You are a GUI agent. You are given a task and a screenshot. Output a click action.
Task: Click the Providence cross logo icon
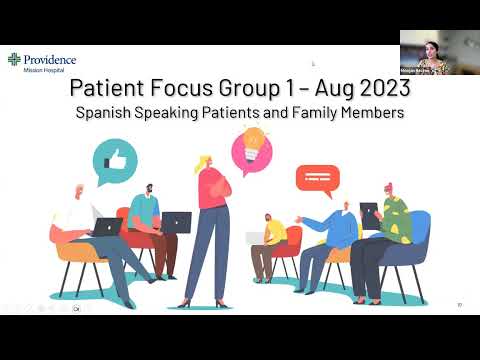tap(14, 61)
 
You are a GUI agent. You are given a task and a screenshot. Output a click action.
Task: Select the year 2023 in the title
tap(378, 90)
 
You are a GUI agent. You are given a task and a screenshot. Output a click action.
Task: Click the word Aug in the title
tap(317, 90)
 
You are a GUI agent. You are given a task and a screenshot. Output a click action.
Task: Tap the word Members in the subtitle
tap(369, 113)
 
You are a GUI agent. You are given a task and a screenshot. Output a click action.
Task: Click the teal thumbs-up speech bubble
tap(114, 158)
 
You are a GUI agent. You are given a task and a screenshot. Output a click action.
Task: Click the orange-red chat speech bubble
tap(313, 180)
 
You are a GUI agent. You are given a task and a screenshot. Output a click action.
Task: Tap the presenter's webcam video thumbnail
tap(439, 52)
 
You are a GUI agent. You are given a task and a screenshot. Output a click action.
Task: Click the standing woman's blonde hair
tap(205, 164)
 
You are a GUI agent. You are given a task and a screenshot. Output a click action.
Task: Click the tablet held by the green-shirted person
tap(369, 214)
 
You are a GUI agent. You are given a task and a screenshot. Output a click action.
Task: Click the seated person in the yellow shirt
tap(272, 235)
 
